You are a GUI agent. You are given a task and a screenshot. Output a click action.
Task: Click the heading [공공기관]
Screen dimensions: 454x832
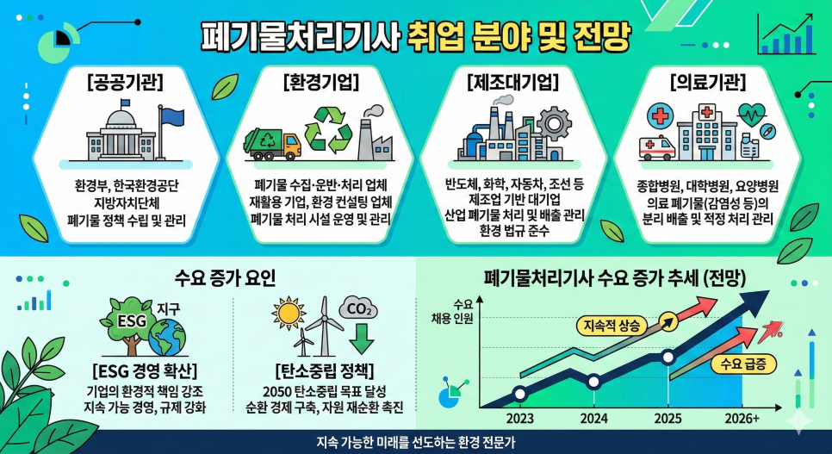(x=126, y=83)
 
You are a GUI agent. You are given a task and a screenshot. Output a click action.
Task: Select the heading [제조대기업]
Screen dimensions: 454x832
(x=513, y=83)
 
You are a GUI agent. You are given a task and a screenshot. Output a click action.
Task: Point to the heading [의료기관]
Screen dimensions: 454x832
(x=705, y=83)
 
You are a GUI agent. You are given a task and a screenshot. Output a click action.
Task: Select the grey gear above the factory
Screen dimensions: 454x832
(x=564, y=122)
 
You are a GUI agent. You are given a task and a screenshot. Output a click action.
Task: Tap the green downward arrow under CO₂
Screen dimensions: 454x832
(x=361, y=339)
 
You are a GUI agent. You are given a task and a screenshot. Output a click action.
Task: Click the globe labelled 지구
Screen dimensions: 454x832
(x=167, y=337)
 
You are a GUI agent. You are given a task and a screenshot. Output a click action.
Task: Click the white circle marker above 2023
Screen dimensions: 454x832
(x=519, y=395)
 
